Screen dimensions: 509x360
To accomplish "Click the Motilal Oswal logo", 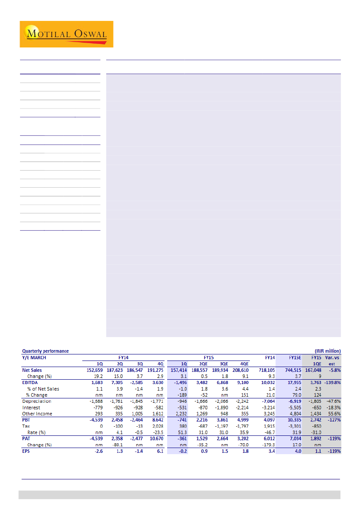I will (x=66, y=34).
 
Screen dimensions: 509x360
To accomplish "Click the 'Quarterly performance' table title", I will (x=45, y=351).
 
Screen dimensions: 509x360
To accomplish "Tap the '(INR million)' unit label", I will (x=327, y=351).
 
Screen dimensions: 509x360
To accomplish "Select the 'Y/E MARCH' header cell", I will (x=34, y=357).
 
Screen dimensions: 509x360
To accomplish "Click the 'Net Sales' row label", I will (x=32, y=370).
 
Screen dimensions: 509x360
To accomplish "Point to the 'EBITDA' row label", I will (x=30, y=382).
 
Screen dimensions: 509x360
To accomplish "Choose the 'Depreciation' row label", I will (x=37, y=401).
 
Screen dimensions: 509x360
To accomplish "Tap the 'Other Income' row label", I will (x=37, y=414).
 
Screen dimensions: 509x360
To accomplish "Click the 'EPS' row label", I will (x=27, y=451).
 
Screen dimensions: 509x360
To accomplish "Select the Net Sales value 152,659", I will (x=93, y=370).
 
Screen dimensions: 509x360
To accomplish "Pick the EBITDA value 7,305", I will (x=118, y=382).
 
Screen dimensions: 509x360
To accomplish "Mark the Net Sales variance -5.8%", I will (x=333, y=370).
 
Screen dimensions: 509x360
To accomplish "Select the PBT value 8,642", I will (x=158, y=420).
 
